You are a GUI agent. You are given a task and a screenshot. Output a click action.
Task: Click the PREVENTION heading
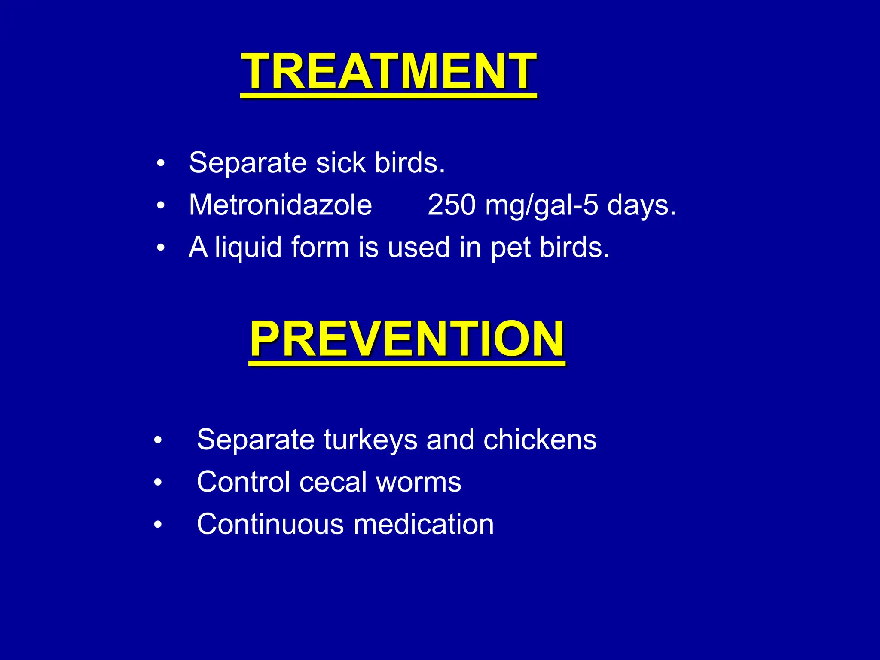pos(407,339)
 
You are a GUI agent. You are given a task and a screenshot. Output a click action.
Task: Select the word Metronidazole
pos(280,205)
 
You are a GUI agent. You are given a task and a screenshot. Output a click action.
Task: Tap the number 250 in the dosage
pos(451,205)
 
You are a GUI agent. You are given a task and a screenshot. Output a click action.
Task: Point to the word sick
pos(340,163)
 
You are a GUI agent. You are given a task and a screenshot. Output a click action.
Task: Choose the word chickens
pos(540,440)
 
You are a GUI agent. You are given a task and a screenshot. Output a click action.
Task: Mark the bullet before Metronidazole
pos(161,206)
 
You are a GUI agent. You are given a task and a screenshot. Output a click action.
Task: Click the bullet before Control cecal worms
pos(158,483)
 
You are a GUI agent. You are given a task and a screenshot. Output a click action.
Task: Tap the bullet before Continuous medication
pos(158,525)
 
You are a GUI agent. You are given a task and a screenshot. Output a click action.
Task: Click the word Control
pos(243,482)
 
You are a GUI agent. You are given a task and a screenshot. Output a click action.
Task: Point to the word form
pos(320,248)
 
